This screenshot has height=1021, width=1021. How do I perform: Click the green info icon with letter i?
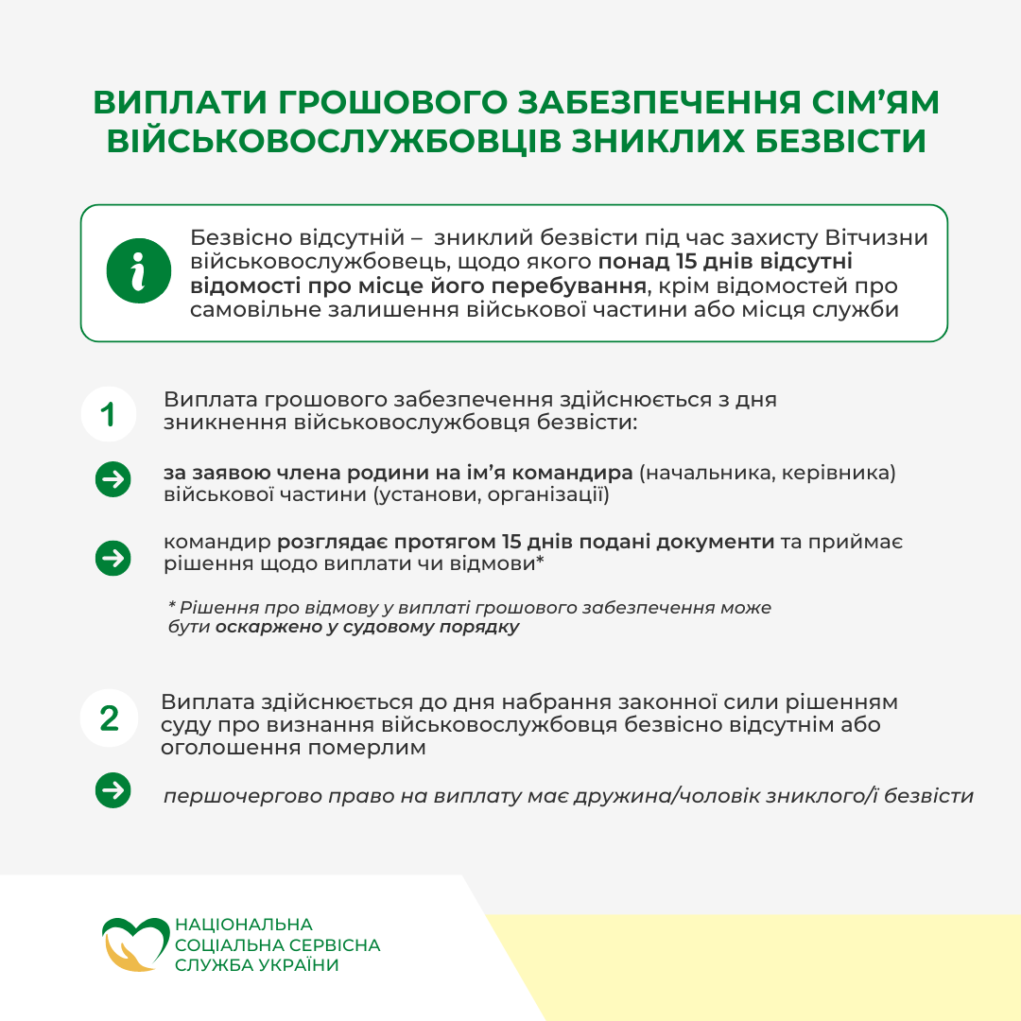click(x=139, y=271)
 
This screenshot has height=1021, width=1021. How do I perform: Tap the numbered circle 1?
click(x=109, y=414)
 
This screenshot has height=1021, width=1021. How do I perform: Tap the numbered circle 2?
click(x=109, y=718)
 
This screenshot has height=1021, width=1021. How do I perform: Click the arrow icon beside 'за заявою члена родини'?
click(x=113, y=479)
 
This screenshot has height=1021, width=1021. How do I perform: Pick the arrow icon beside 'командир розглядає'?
click(x=113, y=558)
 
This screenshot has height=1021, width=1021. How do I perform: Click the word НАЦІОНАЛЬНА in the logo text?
click(x=244, y=924)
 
